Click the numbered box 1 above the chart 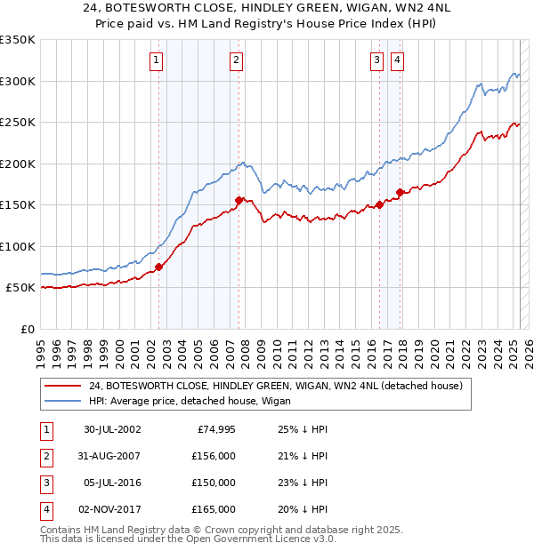tap(156, 60)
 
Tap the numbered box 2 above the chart tap(236, 60)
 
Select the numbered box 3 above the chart tap(377, 60)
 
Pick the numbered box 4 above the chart tap(396, 60)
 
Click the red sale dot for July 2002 tap(159, 267)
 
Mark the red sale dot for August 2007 tap(239, 200)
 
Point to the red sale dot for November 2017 tap(400, 192)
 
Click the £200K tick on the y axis tap(18, 164)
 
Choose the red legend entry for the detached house tap(275, 387)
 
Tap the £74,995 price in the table tap(215, 429)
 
